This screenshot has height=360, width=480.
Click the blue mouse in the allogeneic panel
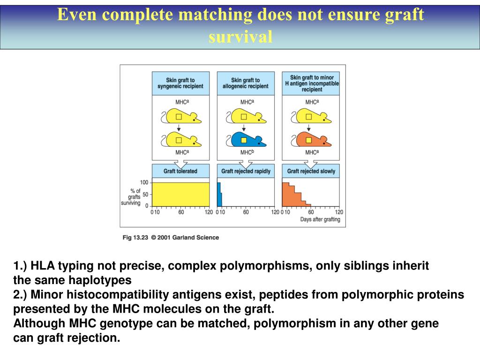(246, 139)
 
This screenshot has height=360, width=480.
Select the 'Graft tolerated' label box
(180, 171)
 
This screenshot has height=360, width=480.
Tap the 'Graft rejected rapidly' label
(246, 171)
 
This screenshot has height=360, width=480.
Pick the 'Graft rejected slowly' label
(311, 171)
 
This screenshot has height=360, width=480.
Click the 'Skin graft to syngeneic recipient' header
(180, 83)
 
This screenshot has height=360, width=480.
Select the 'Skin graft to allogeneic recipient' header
(246, 83)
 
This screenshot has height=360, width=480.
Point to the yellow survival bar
(180, 194)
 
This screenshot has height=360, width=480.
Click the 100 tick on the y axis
(144, 182)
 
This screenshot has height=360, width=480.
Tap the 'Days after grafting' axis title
(320, 219)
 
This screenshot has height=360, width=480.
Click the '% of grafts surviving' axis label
(135, 197)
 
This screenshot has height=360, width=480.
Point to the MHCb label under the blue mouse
(247, 152)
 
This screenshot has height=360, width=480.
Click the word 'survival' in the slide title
(240, 37)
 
